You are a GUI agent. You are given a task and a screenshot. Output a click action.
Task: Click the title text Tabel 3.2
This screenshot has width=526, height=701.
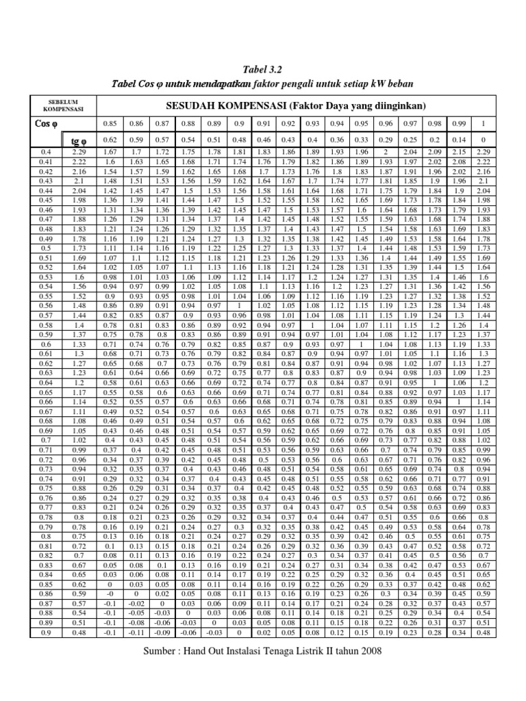coord(263,70)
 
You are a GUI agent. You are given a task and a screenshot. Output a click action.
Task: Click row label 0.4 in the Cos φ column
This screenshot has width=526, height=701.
coord(47,151)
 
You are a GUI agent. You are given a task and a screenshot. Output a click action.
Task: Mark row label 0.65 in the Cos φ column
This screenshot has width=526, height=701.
coord(47,393)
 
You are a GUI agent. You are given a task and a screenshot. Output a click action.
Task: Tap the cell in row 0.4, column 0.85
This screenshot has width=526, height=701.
coord(109,151)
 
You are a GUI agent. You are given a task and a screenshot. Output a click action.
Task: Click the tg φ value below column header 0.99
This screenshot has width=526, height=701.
coord(459,140)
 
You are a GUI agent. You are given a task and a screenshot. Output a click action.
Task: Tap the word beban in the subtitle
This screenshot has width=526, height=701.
coord(398,83)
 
